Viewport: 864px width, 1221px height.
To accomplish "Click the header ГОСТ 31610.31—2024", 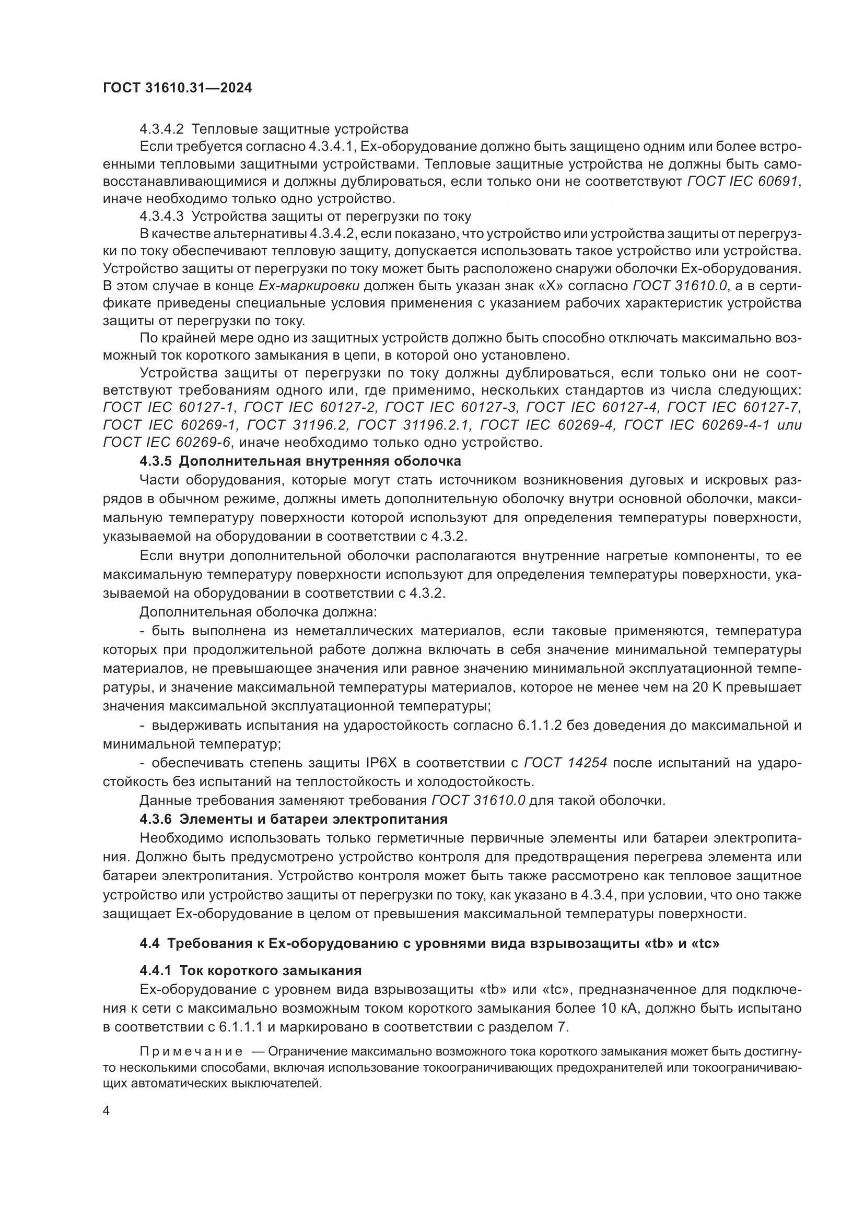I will tap(177, 88).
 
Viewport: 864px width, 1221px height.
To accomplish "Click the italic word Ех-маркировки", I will tap(309, 286).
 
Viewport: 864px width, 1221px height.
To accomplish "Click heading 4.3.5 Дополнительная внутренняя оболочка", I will tap(300, 460).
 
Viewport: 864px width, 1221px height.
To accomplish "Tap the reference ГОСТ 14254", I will tap(566, 763).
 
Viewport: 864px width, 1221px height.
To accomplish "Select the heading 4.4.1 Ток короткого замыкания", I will tap(250, 970).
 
